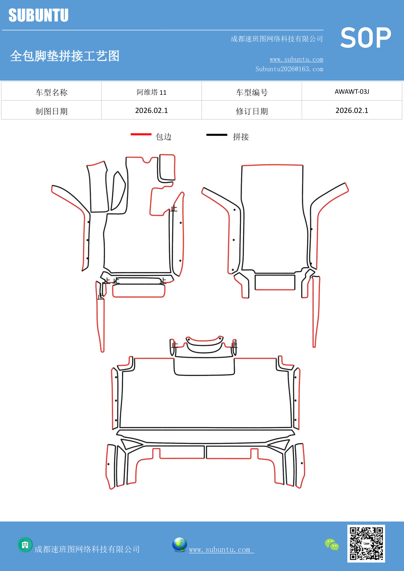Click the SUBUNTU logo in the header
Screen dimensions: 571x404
(38, 15)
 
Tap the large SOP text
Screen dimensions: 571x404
(366, 38)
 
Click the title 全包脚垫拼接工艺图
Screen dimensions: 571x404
(65, 56)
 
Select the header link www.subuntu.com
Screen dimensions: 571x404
(296, 59)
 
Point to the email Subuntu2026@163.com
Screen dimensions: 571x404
(289, 69)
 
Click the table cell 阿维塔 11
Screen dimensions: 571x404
(151, 92)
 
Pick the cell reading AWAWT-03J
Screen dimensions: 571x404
(352, 92)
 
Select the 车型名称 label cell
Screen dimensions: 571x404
(51, 92)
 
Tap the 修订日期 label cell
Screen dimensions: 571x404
(252, 111)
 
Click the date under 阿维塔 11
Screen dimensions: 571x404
(151, 111)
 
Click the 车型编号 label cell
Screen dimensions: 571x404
(252, 92)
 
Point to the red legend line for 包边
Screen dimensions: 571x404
(141, 134)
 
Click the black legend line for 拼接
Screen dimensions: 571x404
(217, 134)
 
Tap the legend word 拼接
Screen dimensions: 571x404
(241, 137)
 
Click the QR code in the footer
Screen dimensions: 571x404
(366, 543)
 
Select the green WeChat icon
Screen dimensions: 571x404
(332, 544)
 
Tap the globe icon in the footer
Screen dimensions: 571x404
(179, 545)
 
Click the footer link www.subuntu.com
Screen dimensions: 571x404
(220, 550)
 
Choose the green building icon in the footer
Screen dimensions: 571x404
(25, 545)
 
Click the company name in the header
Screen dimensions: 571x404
(277, 39)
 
